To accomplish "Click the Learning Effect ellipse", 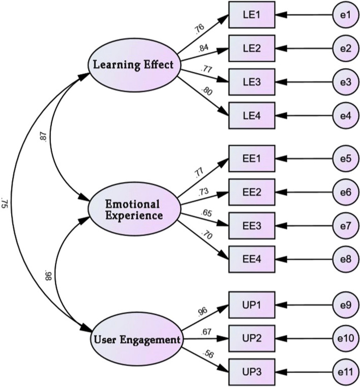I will pos(134,65).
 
